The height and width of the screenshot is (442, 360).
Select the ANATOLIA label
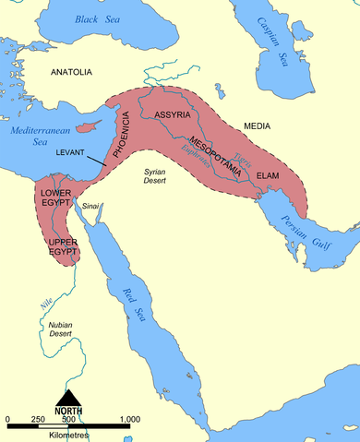72,71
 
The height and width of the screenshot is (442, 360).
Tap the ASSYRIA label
172,116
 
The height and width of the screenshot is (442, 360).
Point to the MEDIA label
257,124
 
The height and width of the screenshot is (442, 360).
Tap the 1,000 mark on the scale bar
128,420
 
